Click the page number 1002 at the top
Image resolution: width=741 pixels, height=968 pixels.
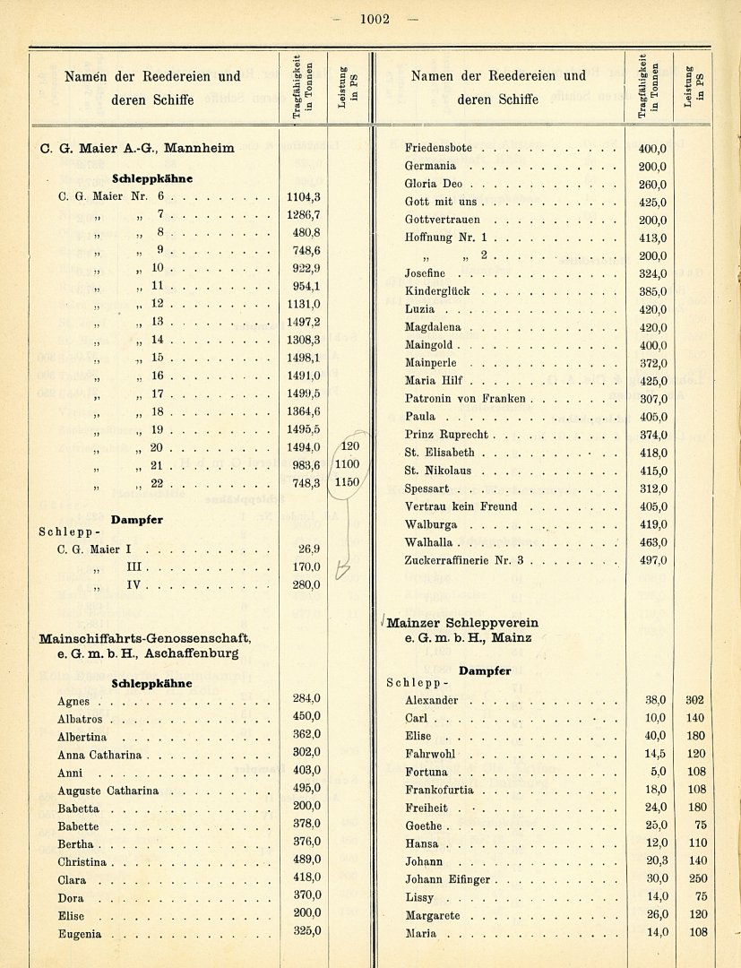point(375,20)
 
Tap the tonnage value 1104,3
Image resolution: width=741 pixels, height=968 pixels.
point(303,196)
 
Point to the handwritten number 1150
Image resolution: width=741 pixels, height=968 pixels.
point(346,482)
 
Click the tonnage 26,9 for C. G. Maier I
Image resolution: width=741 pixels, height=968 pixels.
point(308,549)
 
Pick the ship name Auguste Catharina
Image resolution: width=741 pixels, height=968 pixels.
point(108,791)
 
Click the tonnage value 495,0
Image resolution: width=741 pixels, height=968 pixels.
point(306,788)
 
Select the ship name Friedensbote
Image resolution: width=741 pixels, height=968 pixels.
point(438,148)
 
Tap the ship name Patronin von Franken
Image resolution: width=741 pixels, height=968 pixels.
point(465,399)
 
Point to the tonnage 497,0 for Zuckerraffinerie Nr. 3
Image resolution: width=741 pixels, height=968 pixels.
point(652,560)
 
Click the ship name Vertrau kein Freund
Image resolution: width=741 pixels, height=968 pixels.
point(461,506)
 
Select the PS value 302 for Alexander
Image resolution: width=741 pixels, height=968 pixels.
point(694,700)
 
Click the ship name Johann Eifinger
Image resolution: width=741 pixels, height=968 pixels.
point(447,879)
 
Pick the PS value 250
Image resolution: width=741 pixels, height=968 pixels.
point(694,879)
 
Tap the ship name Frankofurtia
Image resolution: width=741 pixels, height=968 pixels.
point(439,791)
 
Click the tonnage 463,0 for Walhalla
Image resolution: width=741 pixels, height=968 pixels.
point(652,542)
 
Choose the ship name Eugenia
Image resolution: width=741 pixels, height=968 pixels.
point(79,934)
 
